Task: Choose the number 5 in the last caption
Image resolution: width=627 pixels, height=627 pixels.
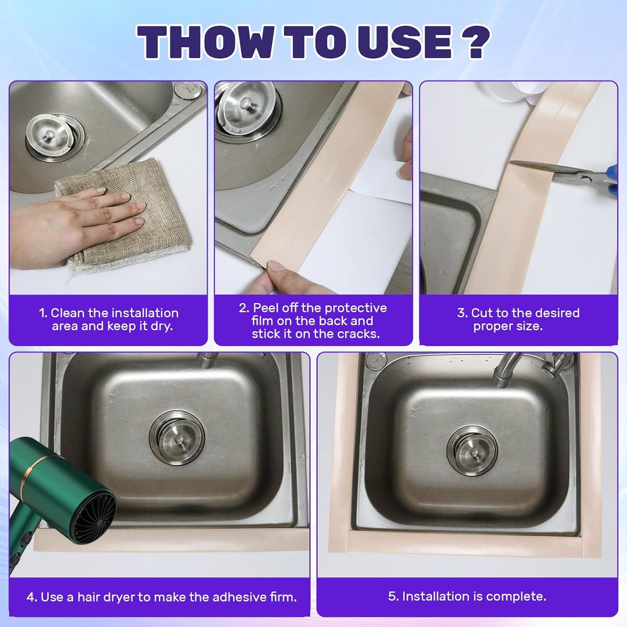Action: [392, 596]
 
